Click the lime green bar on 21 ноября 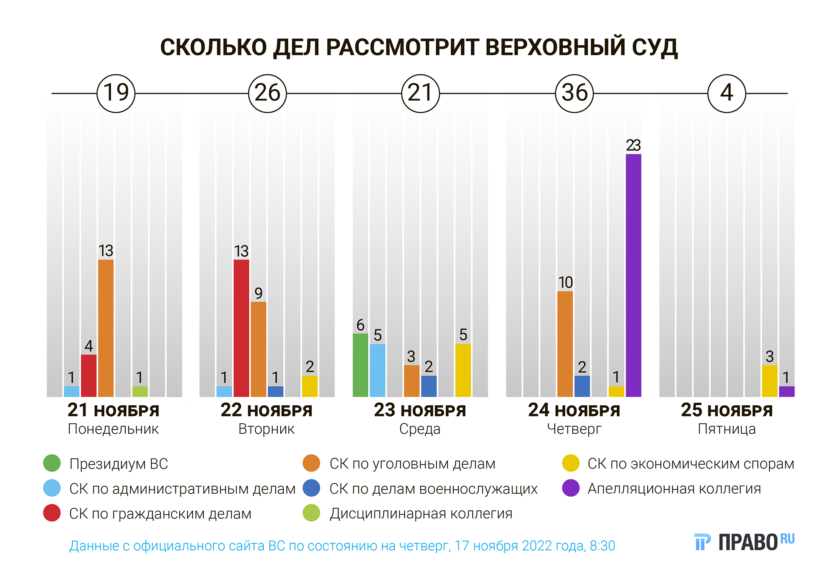pyautogui.click(x=140, y=391)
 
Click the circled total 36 pyautogui.click(x=574, y=93)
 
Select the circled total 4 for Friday pyautogui.click(x=727, y=93)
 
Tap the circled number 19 pyautogui.click(x=116, y=93)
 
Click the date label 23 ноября pyautogui.click(x=420, y=410)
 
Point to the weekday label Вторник pyautogui.click(x=266, y=429)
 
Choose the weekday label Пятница pyautogui.click(x=727, y=429)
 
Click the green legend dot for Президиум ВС pyautogui.click(x=52, y=463)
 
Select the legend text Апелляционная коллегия pyautogui.click(x=674, y=489)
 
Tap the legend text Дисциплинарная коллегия pyautogui.click(x=421, y=513)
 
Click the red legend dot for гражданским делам pyautogui.click(x=52, y=513)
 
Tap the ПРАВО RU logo pyautogui.click(x=744, y=542)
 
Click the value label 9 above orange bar pyautogui.click(x=259, y=293)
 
